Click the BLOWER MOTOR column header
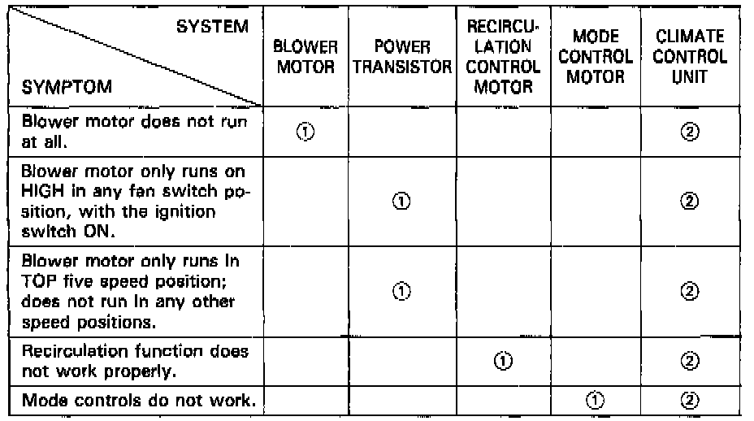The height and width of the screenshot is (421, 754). [305, 57]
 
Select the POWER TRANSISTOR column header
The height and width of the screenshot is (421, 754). [402, 57]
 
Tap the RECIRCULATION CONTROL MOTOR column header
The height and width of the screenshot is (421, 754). [503, 57]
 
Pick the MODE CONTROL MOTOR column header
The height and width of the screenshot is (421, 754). [600, 57]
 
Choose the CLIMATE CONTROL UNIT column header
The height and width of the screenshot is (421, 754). [690, 57]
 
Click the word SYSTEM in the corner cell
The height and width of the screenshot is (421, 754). [213, 27]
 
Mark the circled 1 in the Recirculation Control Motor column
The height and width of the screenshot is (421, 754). [503, 361]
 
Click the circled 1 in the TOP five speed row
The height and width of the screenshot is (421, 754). [401, 291]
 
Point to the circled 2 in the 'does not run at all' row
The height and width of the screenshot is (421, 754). [690, 132]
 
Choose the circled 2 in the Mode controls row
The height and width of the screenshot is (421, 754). [690, 400]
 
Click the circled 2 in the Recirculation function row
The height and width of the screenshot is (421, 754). [690, 361]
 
